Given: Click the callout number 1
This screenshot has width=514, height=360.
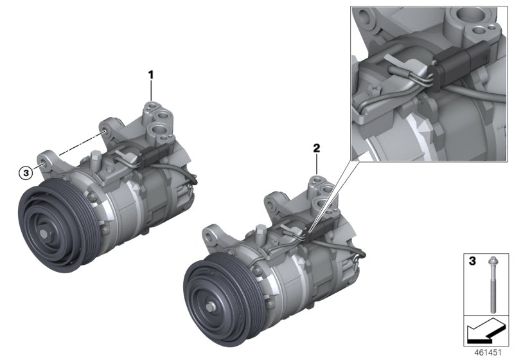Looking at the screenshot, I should pos(152,75).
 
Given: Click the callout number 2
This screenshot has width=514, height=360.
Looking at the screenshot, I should pos(316,148).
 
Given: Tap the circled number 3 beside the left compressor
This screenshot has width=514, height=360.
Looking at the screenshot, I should pos(25,172).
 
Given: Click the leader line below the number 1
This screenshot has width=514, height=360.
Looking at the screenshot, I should pos(152,91).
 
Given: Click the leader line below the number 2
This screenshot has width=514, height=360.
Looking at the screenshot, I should pos(316,165).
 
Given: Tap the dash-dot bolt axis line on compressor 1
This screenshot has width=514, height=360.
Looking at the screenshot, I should pos(78,145).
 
